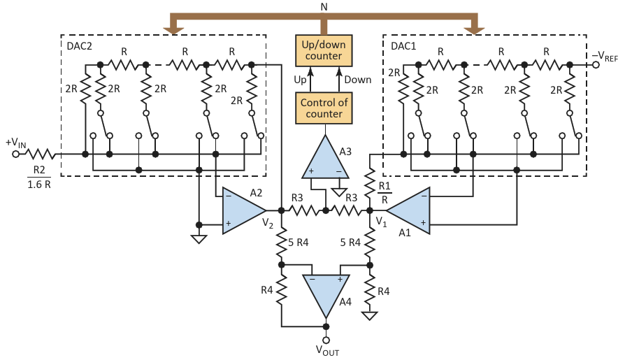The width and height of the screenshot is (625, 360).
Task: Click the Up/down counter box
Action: pyautogui.click(x=322, y=50)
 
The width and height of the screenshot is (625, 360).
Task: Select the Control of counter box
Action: pyautogui.click(x=322, y=108)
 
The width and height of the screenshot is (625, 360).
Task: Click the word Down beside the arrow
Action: pyautogui.click(x=357, y=79)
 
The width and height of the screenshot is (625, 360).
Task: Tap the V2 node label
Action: pyautogui.click(x=268, y=222)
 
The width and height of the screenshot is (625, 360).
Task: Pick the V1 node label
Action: pyautogui.click(x=381, y=222)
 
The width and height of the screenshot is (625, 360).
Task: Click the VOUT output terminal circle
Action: pyautogui.click(x=326, y=338)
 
